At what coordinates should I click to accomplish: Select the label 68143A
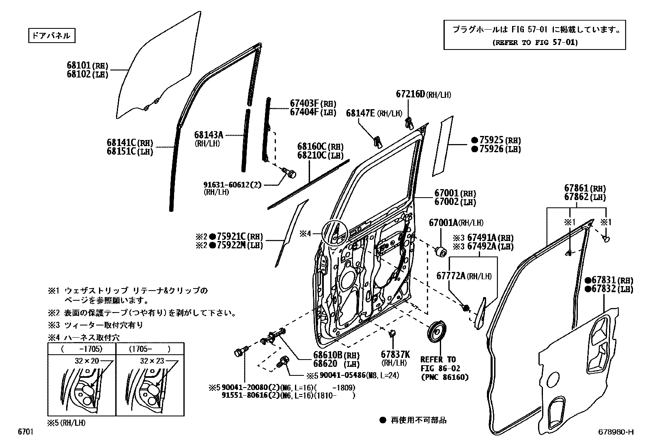click(x=209, y=135)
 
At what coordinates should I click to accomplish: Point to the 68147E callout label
click(x=361, y=113)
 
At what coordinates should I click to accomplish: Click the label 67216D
click(x=410, y=94)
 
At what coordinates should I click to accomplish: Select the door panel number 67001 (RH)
click(x=446, y=193)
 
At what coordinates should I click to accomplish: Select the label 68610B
click(x=328, y=356)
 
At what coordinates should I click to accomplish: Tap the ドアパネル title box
click(x=52, y=36)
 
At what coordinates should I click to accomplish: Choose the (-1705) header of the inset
click(x=82, y=349)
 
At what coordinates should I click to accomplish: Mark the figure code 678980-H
click(x=616, y=432)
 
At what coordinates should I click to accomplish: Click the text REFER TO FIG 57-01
click(x=535, y=42)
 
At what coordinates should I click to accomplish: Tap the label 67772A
click(x=450, y=276)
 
